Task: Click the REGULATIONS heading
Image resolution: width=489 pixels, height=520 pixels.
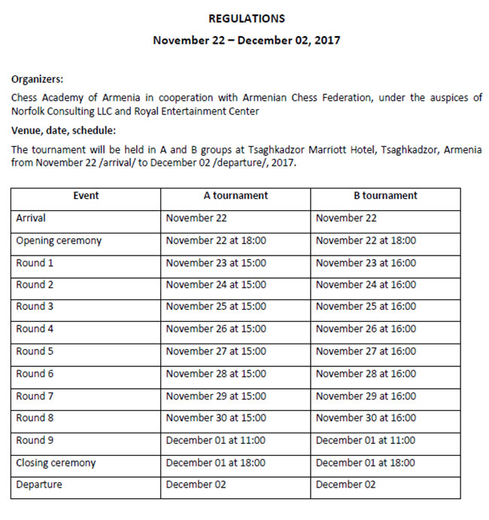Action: pos(246,18)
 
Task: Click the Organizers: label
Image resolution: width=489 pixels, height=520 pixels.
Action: pos(38,77)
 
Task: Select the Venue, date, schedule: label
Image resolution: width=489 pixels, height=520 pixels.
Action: pos(63,130)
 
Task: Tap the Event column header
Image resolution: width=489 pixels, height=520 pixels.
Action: pos(86,196)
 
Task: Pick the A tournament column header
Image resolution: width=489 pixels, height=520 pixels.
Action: pos(235,196)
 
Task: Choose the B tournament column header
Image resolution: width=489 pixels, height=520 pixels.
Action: pos(385,196)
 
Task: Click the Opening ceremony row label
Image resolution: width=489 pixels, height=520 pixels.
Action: pos(59,241)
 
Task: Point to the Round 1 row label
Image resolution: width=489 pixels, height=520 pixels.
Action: pos(35,263)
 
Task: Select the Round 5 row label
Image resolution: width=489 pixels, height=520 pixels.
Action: pos(35,351)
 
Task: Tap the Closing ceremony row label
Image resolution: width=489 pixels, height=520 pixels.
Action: pos(56,463)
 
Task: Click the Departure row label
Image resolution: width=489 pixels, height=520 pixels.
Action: pos(39,485)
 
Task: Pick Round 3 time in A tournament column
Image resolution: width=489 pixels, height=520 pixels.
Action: pos(215,307)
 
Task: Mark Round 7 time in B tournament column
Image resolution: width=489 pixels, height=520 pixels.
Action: pos(366,396)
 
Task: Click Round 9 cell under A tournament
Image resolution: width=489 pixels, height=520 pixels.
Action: pos(215,440)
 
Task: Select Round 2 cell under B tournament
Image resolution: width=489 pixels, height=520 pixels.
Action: pos(366,285)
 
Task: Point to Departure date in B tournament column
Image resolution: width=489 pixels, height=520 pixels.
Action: pos(345,485)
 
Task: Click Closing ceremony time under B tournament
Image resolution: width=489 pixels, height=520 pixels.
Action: pos(366,463)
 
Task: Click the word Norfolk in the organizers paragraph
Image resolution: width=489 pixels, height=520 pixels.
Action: pos(30,112)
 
